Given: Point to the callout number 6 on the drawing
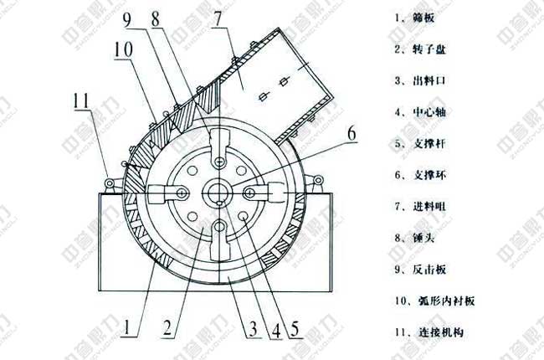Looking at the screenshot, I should tap(352, 132).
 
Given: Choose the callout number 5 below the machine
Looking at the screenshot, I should tap(295, 327).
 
